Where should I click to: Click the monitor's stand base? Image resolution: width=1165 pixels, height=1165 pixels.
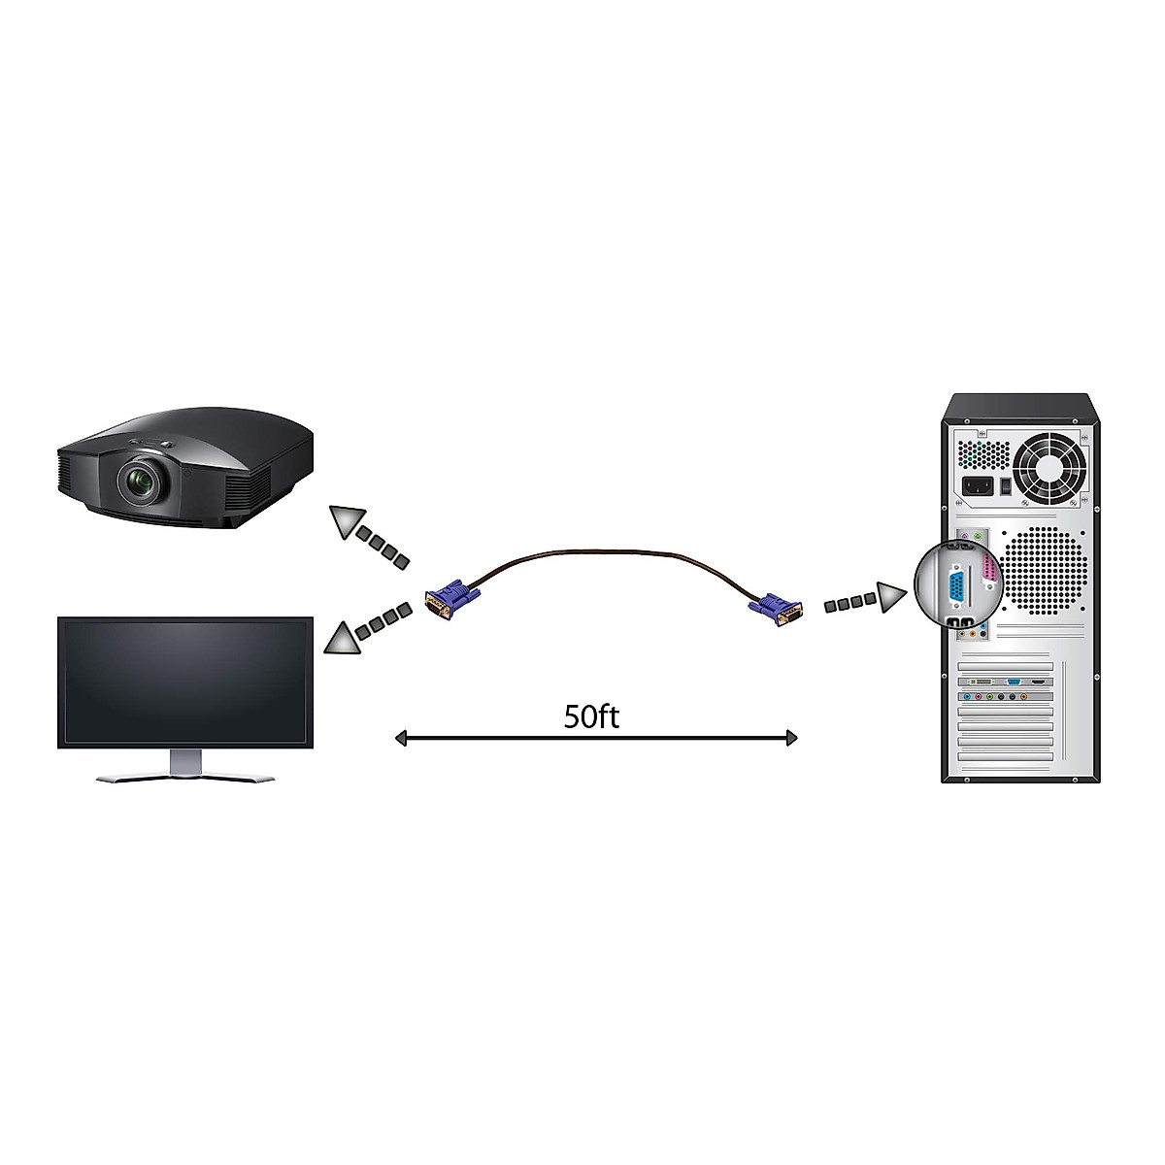click(185, 777)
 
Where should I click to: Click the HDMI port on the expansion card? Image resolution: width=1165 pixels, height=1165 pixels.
click(1038, 682)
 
